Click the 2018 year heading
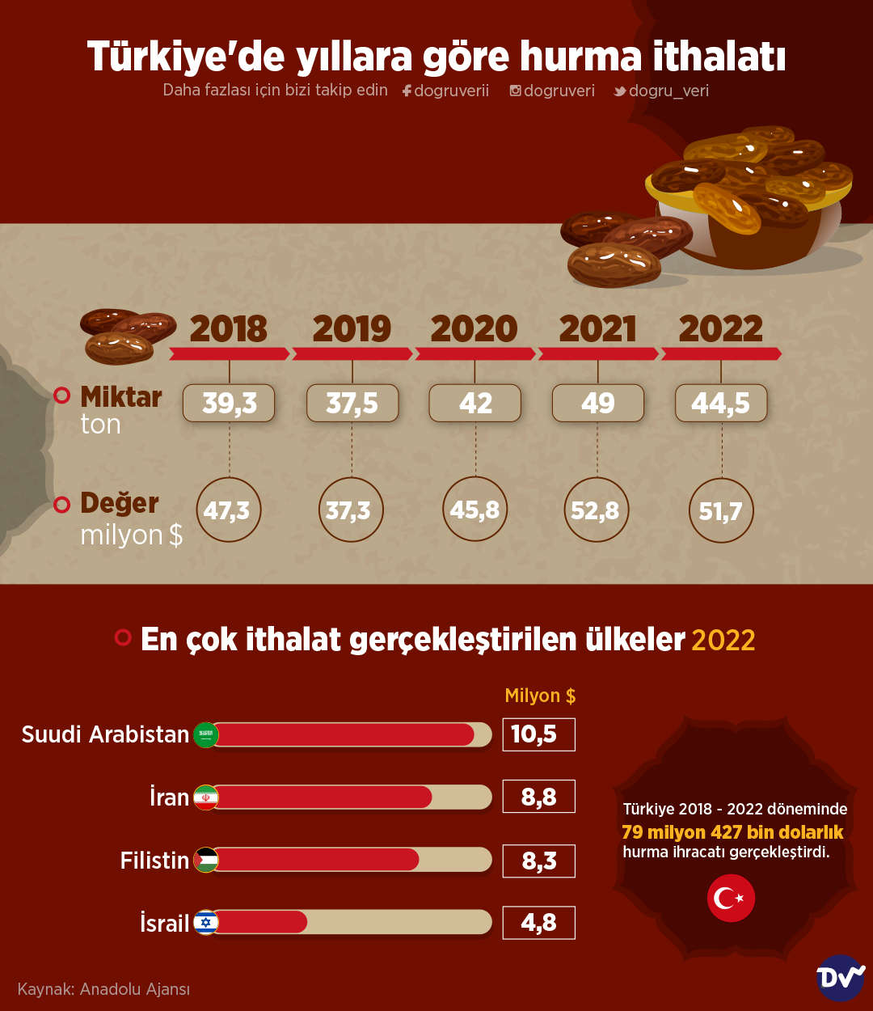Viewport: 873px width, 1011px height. tap(229, 328)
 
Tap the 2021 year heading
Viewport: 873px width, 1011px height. tap(598, 328)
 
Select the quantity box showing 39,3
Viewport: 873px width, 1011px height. tap(229, 403)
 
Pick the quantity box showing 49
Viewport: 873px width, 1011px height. tap(598, 403)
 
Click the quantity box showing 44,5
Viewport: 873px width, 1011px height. tap(721, 403)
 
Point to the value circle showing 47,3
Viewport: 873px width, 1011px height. tap(228, 510)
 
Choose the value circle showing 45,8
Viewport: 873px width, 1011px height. tap(474, 510)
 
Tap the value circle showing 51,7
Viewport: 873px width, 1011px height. tap(721, 510)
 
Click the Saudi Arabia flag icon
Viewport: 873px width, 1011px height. tap(206, 734)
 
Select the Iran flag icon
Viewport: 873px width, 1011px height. tap(206, 797)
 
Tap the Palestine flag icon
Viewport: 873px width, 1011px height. tap(206, 860)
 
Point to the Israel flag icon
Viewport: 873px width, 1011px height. tap(206, 922)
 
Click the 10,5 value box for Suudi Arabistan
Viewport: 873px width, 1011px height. tap(538, 734)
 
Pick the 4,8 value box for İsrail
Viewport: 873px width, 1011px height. tap(538, 923)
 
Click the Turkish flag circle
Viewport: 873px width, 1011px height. tap(731, 898)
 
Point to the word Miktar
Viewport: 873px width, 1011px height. tap(121, 397)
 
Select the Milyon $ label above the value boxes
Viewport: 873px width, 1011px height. tap(540, 696)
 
